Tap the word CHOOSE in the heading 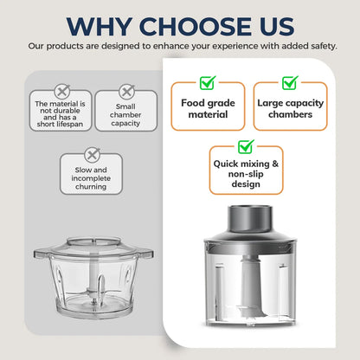point(196,26)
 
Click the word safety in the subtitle point(324,46)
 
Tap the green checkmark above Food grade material point(208,82)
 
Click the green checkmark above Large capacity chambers point(290,82)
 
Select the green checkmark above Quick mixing point(246,146)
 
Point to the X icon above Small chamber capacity point(127,92)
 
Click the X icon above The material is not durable point(62,92)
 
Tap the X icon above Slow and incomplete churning point(93,155)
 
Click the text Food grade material point(208,108)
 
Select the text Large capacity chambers point(291,108)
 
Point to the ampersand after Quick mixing point(275,164)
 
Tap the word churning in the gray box point(91,187)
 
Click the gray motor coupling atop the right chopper point(250,219)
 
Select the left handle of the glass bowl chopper point(42,254)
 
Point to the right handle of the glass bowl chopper point(146,254)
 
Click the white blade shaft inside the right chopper point(250,286)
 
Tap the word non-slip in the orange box point(246,174)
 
